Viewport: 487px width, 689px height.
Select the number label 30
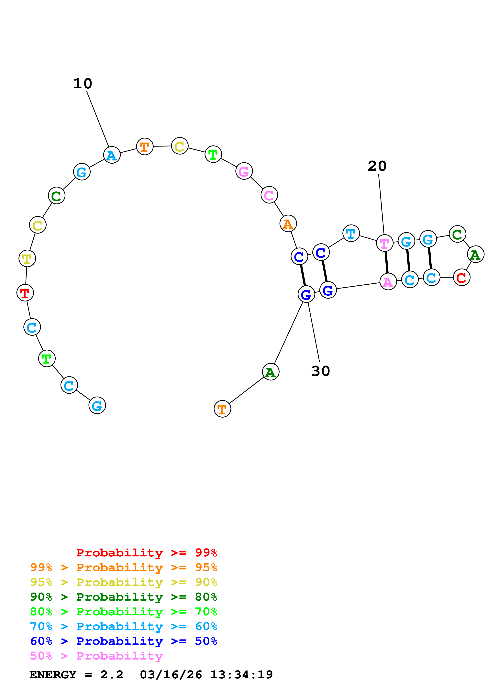pyautogui.click(x=320, y=371)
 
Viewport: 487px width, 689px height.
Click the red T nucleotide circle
pyautogui.click(x=25, y=293)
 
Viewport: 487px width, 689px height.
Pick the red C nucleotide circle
pyautogui.click(x=461, y=278)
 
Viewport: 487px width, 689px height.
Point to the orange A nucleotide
pyautogui.click(x=288, y=224)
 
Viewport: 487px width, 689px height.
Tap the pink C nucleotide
pyautogui.click(x=269, y=195)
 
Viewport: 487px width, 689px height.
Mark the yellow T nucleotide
pyautogui.click(x=27, y=258)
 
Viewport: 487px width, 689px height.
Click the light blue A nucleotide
pyautogui.click(x=112, y=155)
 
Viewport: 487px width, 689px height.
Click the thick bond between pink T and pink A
pyautogui.click(x=386, y=262)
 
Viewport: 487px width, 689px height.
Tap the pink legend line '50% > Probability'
pyautogui.click(x=96, y=656)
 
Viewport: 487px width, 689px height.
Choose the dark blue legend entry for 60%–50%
pyautogui.click(x=123, y=641)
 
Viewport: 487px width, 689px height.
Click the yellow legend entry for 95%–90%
pyautogui.click(x=123, y=582)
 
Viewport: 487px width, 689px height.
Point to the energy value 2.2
pyautogui.click(x=112, y=675)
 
